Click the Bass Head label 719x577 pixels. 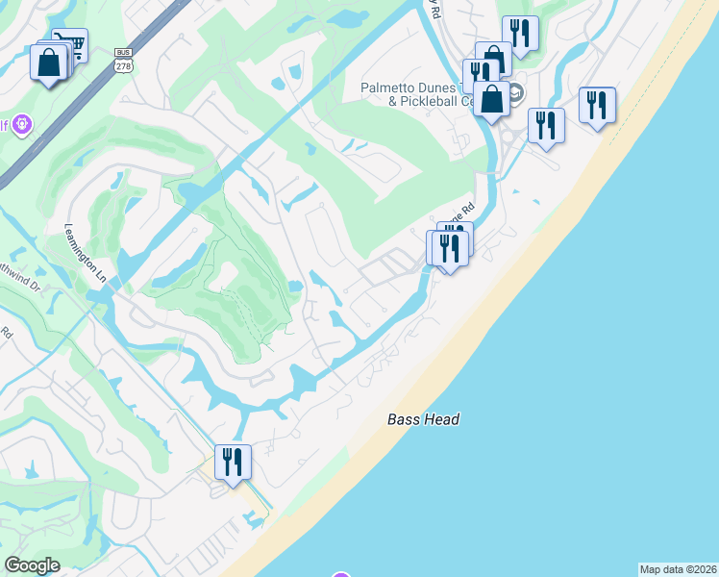tap(424, 419)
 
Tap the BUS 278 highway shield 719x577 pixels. tap(122, 60)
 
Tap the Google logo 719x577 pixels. tap(32, 565)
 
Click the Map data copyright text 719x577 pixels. tap(678, 569)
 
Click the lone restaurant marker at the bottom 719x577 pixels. tap(233, 462)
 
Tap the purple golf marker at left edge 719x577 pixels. tap(22, 125)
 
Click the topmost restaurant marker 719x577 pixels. tap(520, 34)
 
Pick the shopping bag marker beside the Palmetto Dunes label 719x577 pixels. tap(491, 99)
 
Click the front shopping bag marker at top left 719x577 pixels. tap(48, 64)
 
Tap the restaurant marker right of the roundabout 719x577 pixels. tap(545, 125)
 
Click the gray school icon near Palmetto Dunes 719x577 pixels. tap(514, 93)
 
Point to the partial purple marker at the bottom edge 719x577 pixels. tap(341, 574)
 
